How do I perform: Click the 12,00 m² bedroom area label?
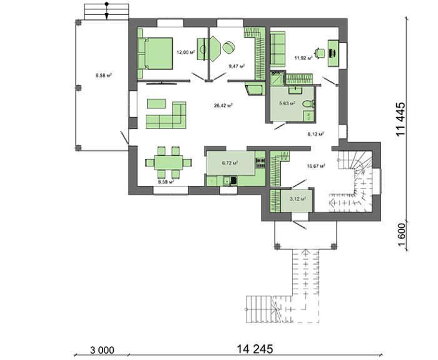pos(185,52)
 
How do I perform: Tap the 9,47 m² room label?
pos(237,66)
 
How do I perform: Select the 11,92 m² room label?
pos(303,58)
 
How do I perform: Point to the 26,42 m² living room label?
pos(223,106)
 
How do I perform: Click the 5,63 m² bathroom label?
pos(287,103)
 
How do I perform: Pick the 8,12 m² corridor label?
pos(316,134)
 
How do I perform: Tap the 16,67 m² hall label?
pos(316,166)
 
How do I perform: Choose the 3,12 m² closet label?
pos(298,198)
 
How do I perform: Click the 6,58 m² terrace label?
pos(104,75)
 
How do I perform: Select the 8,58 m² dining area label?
pos(166,182)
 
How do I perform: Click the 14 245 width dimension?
pos(255,349)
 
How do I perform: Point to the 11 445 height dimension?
pos(400,119)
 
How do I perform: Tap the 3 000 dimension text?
pos(102,350)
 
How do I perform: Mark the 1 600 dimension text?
pos(401,235)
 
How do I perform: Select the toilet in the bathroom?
pos(309,104)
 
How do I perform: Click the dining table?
pos(168,162)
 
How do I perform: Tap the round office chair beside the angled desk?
pos(229,47)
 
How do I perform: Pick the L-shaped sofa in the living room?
pos(166,115)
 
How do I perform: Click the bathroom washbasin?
pos(295,90)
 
